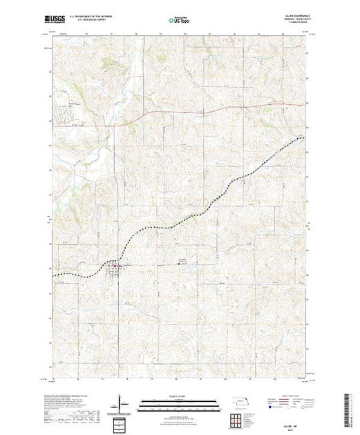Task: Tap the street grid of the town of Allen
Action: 116,268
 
